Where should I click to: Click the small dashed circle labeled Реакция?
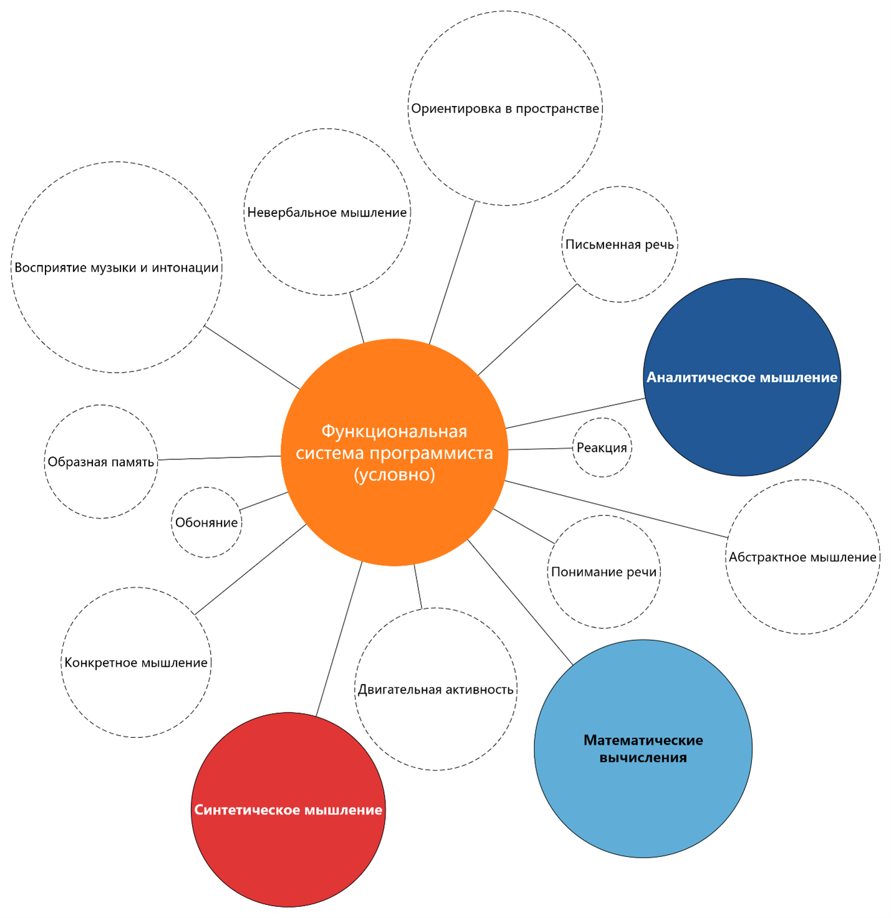[x=602, y=447]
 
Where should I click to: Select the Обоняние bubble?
[x=206, y=522]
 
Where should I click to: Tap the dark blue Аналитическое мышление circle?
[x=742, y=377]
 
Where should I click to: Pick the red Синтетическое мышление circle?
[x=288, y=810]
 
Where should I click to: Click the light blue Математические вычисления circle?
[x=643, y=748]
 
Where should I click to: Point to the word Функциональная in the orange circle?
[x=394, y=431]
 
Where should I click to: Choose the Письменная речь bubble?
[x=620, y=244]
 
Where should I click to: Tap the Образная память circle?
[x=101, y=462]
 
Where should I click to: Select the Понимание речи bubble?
[x=604, y=571]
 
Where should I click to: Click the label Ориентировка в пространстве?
[x=505, y=108]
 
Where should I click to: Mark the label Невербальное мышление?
[x=327, y=213]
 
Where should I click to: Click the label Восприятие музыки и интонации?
[x=117, y=267]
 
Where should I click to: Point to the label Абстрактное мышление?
[x=802, y=557]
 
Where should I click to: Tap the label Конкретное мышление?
[x=136, y=662]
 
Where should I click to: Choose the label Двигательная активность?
[x=435, y=689]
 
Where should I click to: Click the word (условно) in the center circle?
[x=394, y=475]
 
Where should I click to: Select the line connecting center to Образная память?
[x=219, y=457]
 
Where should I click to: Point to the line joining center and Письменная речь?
[x=527, y=330]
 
